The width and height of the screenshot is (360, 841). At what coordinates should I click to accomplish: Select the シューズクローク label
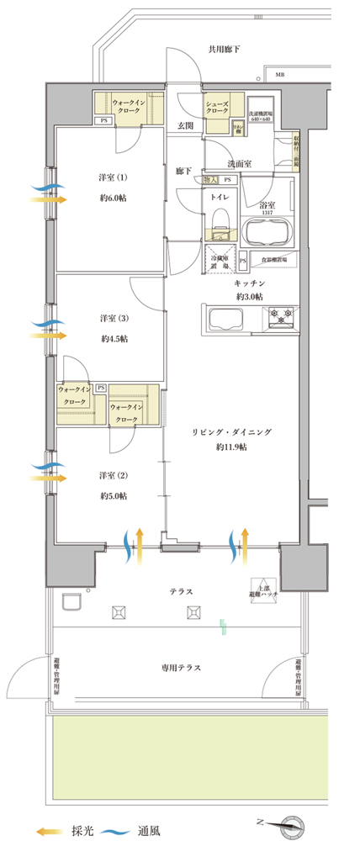(x=216, y=105)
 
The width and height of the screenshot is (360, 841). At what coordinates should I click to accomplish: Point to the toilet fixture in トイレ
(x=219, y=219)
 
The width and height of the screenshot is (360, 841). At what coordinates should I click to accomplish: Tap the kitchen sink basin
(x=225, y=320)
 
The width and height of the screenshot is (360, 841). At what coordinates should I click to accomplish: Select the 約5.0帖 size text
(x=113, y=496)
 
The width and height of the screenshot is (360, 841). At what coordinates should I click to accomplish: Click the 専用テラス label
(x=180, y=668)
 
